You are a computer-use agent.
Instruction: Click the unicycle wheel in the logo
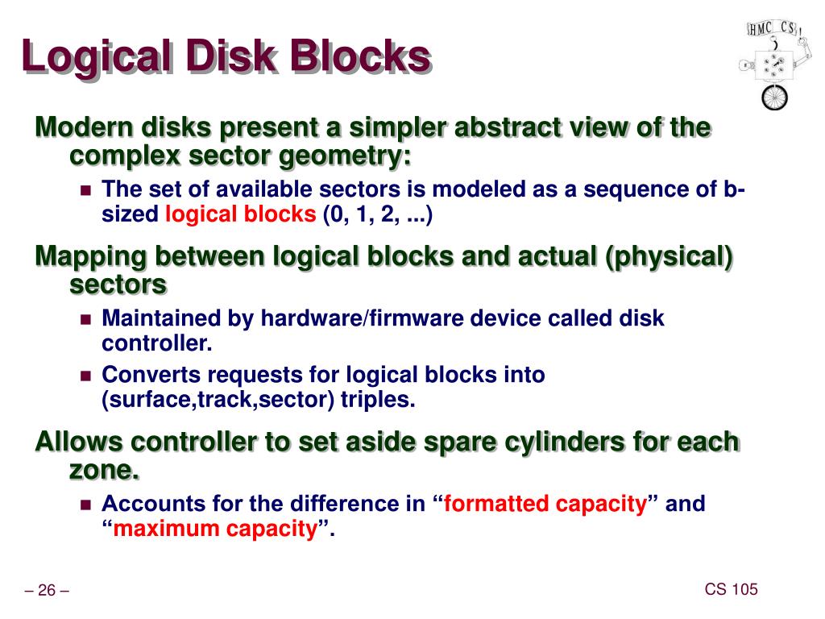pyautogui.click(x=774, y=98)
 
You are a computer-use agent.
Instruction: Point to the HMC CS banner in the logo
pyautogui.click(x=773, y=29)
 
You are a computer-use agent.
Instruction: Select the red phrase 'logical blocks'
pyautogui.click(x=241, y=214)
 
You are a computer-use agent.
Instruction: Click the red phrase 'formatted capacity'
pyautogui.click(x=545, y=505)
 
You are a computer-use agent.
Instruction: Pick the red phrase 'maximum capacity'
pyautogui.click(x=215, y=529)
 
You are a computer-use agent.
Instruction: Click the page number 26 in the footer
pyautogui.click(x=47, y=592)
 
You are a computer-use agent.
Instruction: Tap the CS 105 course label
pyautogui.click(x=732, y=589)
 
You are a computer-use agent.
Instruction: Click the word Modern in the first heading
pyautogui.click(x=84, y=128)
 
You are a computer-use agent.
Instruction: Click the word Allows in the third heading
pyautogui.click(x=77, y=442)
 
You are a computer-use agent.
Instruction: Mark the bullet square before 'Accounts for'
pyautogui.click(x=87, y=505)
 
